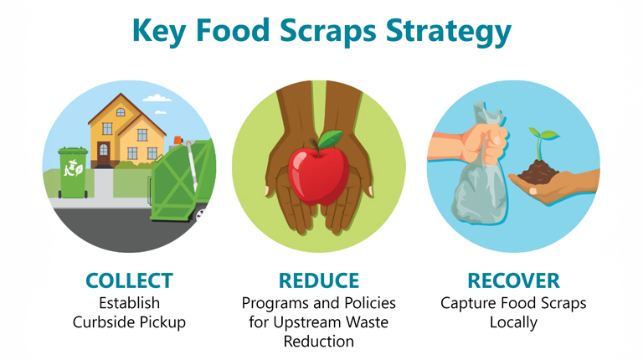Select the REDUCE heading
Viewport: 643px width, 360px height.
pyautogui.click(x=319, y=280)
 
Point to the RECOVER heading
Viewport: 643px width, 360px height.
pyautogui.click(x=512, y=280)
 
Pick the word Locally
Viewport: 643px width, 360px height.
pyautogui.click(x=513, y=321)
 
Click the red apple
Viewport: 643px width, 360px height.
pyautogui.click(x=318, y=172)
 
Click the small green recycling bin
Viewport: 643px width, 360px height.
pyautogui.click(x=73, y=172)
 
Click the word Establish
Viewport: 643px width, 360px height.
pyautogui.click(x=128, y=301)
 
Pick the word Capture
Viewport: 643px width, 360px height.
pyautogui.click(x=470, y=301)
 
